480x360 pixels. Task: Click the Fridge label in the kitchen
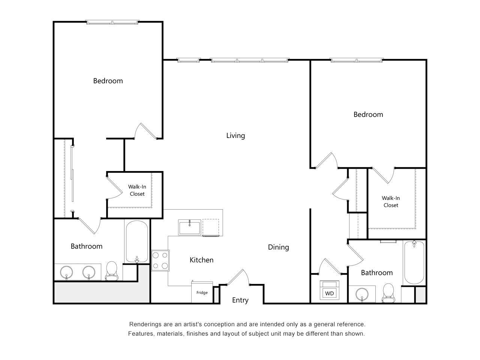click(x=202, y=293)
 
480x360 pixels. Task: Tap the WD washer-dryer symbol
click(x=329, y=293)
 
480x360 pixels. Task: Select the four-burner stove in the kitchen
click(x=160, y=260)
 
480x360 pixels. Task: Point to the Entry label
click(x=240, y=300)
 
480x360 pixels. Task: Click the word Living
click(x=235, y=135)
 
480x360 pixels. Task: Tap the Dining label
click(x=278, y=247)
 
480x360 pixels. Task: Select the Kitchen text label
click(x=201, y=260)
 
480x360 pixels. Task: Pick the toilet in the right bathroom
click(x=388, y=293)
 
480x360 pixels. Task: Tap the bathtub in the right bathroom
click(x=414, y=262)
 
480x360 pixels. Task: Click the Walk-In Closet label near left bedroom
click(x=137, y=190)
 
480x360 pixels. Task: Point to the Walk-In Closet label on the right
click(x=391, y=201)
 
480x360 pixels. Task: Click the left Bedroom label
click(x=108, y=81)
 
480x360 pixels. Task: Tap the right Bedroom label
click(x=368, y=114)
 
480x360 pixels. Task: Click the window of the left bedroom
click(x=112, y=22)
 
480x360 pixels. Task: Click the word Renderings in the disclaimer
click(x=146, y=324)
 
